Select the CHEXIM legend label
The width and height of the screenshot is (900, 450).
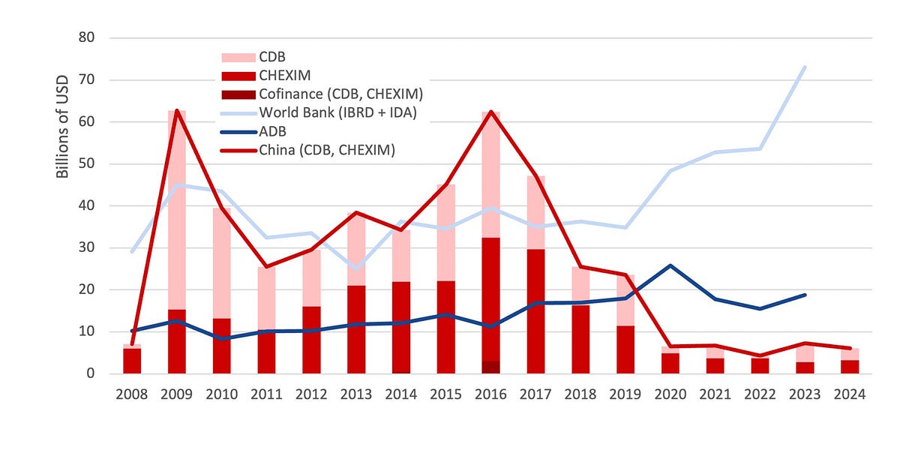point(284,75)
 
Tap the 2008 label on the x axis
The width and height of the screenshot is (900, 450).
point(132,392)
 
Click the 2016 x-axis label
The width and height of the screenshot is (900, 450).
point(491,392)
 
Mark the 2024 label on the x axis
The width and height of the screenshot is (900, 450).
point(850,392)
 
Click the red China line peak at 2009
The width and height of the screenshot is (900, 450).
point(177,111)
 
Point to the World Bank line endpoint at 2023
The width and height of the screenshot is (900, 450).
point(805,67)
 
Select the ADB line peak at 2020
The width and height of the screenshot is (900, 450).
point(670,265)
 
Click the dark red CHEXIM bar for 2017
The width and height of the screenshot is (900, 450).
point(535,311)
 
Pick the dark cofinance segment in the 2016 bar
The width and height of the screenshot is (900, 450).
point(491,367)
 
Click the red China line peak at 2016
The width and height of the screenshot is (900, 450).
point(491,112)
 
